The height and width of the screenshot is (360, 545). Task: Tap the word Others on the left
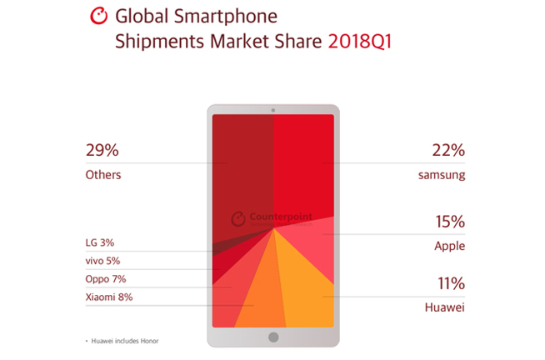pos(103,175)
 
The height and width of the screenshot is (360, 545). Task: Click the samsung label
pos(442,175)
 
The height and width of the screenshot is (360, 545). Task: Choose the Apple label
pos(448,247)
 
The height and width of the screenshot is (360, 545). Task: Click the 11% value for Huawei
pos(447,283)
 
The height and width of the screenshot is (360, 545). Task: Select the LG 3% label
pos(99,242)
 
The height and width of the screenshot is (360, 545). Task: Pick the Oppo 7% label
pos(106,279)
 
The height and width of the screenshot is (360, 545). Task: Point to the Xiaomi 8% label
pos(109,297)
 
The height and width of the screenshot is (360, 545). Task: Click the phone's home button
pos(272,337)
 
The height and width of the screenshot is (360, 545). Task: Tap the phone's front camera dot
pos(272,111)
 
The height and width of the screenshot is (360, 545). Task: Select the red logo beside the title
pos(99,15)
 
